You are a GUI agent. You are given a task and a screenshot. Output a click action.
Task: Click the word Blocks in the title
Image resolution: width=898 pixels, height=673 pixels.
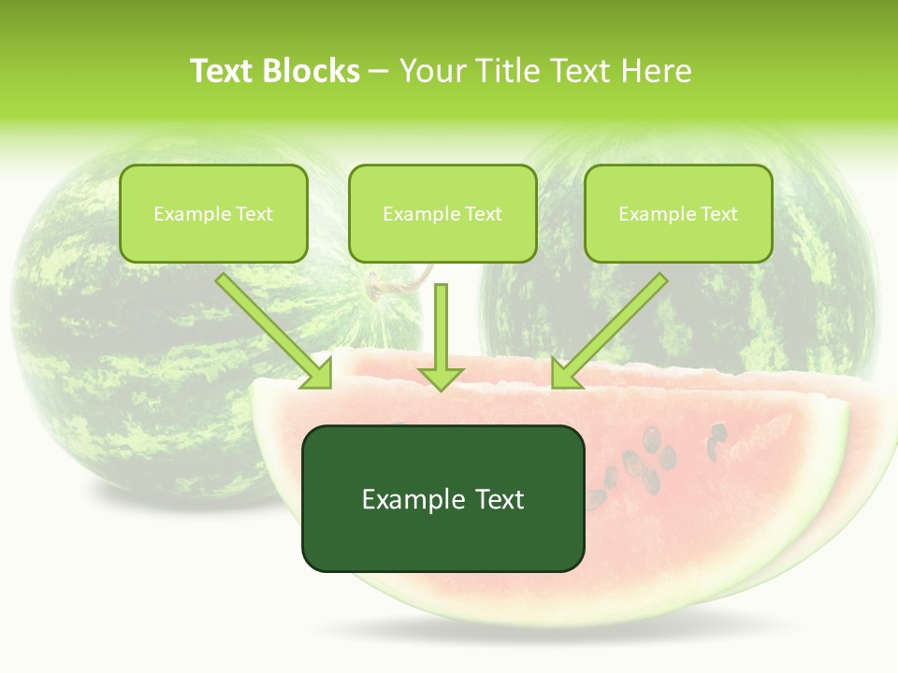(x=313, y=71)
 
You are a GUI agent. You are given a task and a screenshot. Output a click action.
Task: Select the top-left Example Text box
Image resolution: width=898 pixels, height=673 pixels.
(x=213, y=213)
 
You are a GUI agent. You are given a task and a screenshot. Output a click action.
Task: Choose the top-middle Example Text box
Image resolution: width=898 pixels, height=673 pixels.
(x=442, y=213)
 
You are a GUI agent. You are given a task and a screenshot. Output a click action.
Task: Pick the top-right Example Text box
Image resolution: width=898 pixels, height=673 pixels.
(x=678, y=213)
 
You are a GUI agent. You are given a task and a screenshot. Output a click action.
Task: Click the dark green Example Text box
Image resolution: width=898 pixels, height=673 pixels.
(x=442, y=498)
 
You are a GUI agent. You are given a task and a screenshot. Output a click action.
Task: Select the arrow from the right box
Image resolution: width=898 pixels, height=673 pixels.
(x=609, y=331)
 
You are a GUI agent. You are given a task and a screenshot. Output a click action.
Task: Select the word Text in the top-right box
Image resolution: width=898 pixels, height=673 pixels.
(x=719, y=213)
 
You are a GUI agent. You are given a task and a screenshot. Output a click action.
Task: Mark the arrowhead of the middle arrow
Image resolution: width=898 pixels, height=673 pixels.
(x=441, y=377)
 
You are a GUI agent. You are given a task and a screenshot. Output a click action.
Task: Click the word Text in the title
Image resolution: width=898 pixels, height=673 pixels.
(x=224, y=71)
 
